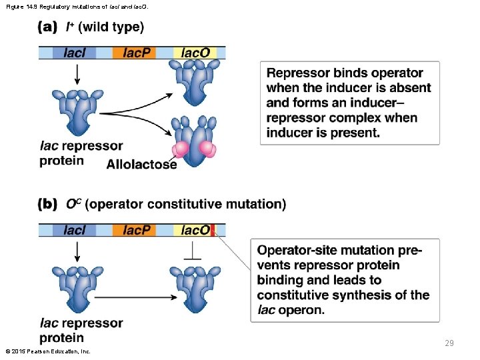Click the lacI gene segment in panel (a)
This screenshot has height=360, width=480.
click(75, 53)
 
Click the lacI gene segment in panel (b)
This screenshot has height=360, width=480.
click(75, 230)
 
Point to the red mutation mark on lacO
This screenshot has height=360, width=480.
click(213, 230)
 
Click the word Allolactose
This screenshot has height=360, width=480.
click(141, 164)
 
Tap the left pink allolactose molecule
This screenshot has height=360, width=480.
click(181, 148)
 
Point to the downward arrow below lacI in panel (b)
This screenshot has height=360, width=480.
click(77, 251)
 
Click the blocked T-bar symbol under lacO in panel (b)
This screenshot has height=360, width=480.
click(193, 251)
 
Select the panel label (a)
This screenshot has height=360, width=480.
click(49, 27)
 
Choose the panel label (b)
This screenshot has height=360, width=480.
click(49, 204)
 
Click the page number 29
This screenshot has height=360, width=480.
click(449, 343)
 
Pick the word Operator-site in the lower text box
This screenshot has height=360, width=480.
click(298, 250)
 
